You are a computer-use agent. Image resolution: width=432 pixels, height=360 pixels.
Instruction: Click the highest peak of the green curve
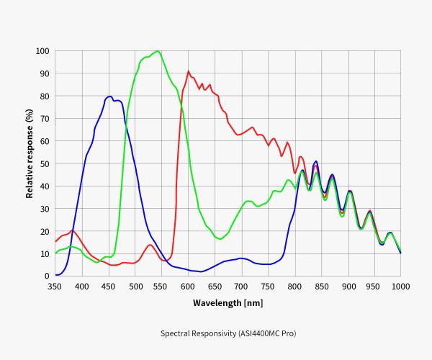pos(157,51)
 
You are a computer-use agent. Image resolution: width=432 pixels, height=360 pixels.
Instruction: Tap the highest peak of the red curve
pos(189,71)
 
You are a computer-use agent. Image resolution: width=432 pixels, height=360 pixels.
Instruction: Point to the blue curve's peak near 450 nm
pos(109,96)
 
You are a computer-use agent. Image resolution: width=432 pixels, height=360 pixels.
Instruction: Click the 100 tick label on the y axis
pos(42,51)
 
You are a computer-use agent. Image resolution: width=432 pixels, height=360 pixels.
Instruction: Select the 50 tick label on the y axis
pos(44,163)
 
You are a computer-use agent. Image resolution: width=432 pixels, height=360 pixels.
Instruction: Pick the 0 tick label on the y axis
pos(46,276)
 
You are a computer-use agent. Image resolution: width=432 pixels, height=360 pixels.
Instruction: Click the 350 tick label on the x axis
pos(55,287)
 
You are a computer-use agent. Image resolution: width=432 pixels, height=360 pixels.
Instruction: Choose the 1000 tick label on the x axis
pos(400,287)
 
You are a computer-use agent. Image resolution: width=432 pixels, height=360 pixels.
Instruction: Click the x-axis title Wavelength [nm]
pos(228,303)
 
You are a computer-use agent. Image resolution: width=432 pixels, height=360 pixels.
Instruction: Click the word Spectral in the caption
pos(176,333)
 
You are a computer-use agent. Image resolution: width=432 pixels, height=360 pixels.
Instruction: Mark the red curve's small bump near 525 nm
pos(150,246)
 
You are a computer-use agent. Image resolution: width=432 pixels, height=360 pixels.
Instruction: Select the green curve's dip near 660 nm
pos(220,238)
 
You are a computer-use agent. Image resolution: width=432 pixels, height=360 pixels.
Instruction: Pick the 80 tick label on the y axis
pos(44,96)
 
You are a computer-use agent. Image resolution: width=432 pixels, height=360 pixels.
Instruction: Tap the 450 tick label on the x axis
pos(109,287)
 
